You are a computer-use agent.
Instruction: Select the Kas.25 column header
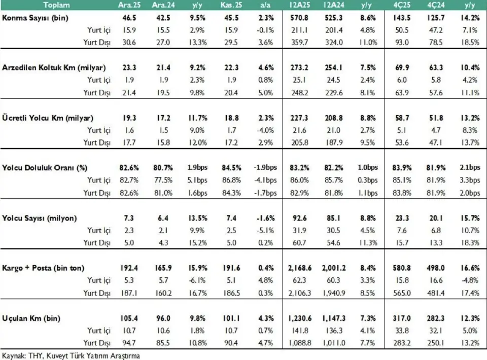(x=232, y=5)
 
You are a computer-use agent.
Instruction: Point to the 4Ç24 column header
(x=435, y=5)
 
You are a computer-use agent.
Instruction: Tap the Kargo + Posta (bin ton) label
(x=43, y=268)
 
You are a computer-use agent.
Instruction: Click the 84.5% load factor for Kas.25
(x=232, y=168)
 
